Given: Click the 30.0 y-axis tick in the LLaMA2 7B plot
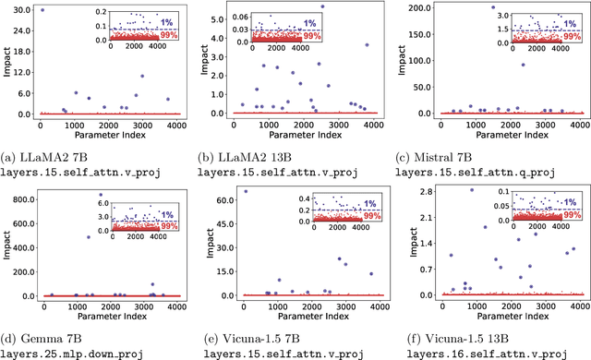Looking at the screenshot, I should coord(20,10).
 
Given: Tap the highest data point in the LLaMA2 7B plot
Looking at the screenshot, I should coord(41,10).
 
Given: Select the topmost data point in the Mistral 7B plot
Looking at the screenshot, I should coord(493,7).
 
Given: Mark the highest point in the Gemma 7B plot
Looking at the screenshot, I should coord(101,195).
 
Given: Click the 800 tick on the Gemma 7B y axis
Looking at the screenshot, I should coord(23,195).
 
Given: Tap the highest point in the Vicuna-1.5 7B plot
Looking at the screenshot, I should coord(245,191).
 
